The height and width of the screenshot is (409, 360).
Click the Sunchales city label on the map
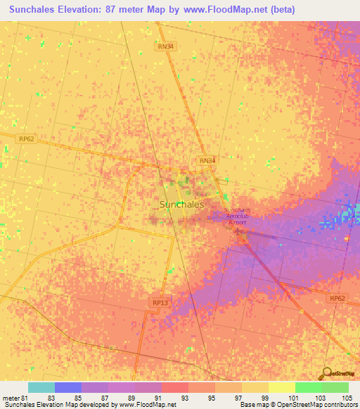182,204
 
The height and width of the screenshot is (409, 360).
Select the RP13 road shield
160,302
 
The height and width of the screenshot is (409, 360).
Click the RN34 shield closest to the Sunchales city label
206,160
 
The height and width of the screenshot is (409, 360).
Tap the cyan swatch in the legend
41,387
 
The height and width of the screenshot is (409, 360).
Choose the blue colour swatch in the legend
67,387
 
